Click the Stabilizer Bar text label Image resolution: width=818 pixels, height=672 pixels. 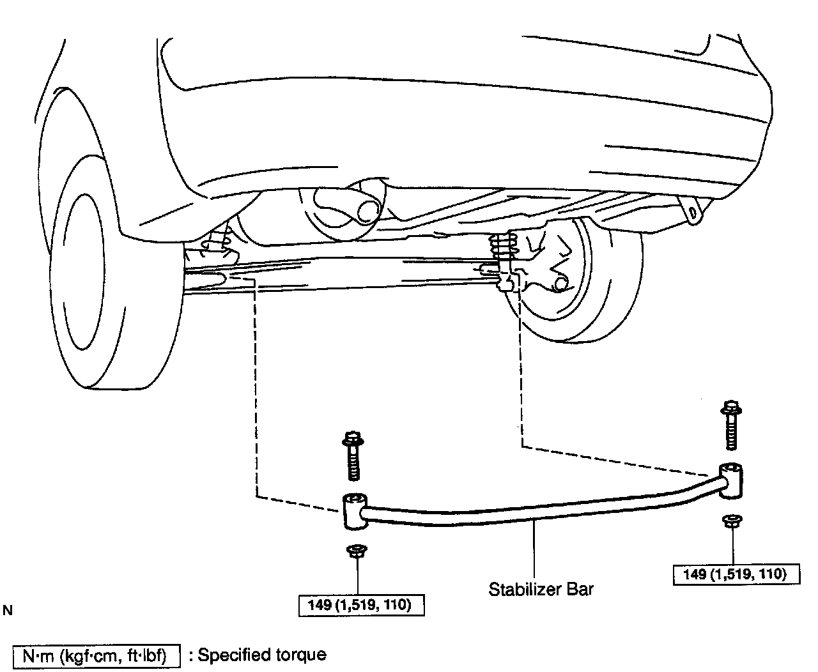(541, 588)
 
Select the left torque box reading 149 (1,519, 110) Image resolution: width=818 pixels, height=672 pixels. (362, 605)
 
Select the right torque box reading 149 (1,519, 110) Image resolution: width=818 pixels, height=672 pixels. (737, 574)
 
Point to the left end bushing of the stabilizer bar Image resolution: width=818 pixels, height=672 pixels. (353, 510)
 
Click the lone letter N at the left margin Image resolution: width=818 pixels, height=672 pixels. (8, 611)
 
